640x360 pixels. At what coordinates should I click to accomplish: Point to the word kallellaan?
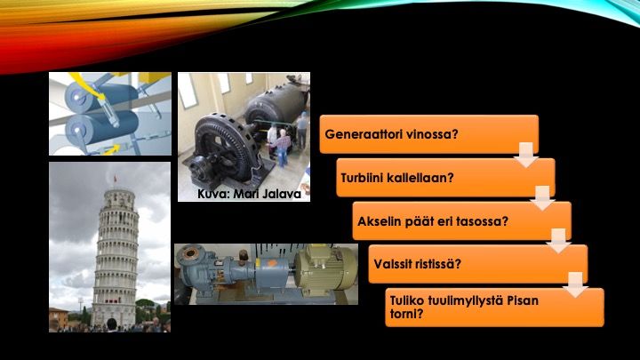[x=420, y=178]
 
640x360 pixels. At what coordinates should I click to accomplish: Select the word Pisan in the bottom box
[x=523, y=300]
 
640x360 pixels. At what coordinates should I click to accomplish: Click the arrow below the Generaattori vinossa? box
[x=525, y=155]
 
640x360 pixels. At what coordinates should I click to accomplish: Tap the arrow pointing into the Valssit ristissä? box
[x=559, y=241]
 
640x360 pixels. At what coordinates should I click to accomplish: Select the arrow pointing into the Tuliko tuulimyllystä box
[x=575, y=285]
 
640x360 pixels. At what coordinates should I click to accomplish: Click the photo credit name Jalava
[x=281, y=194]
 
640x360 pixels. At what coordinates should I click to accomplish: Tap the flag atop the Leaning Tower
[x=115, y=178]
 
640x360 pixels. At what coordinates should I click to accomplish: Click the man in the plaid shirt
[x=282, y=148]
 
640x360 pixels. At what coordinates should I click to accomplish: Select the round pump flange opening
[x=190, y=254]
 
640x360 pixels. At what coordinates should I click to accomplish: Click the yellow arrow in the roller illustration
[x=110, y=150]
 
